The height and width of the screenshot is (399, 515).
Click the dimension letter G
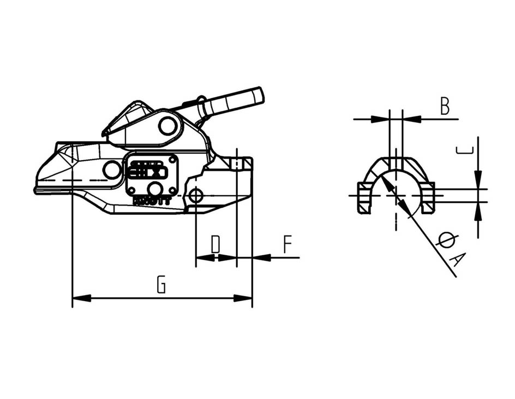point(161,285)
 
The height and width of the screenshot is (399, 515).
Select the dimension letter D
point(215,244)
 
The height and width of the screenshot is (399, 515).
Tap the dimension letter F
point(288,244)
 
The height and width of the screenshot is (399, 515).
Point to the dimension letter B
point(445,107)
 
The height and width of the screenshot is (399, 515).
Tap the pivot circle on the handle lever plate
point(167,126)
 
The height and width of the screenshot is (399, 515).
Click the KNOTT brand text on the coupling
point(152,201)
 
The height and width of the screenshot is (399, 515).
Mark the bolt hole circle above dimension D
point(196,195)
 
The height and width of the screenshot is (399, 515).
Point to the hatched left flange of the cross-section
point(363,198)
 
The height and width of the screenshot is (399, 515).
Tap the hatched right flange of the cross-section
point(428,198)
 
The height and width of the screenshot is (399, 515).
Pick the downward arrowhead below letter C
point(478,179)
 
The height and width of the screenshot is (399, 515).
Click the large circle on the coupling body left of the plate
point(112,171)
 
